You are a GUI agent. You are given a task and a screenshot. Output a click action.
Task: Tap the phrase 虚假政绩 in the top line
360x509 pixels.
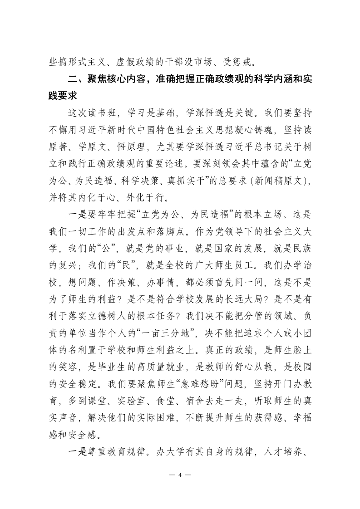pyautogui.click(x=130, y=59)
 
